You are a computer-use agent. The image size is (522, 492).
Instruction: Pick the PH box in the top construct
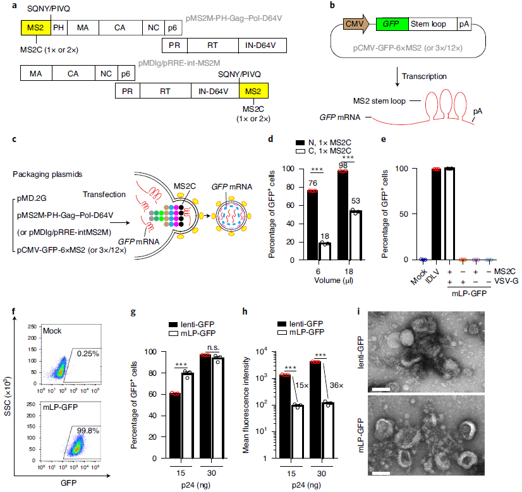pyautogui.click(x=58, y=28)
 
